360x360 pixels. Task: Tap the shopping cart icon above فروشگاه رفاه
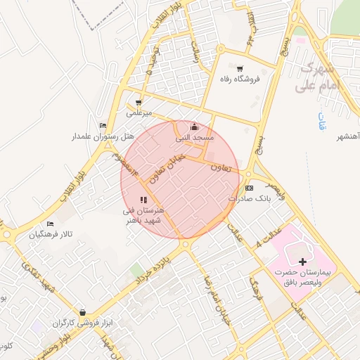[x=240, y=69]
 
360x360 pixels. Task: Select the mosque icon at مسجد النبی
[x=195, y=127]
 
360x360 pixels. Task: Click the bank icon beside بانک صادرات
[x=249, y=188]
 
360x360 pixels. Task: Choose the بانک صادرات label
[x=250, y=199]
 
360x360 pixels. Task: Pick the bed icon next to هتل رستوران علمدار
[x=103, y=125]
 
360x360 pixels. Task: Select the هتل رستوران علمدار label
[x=70, y=135]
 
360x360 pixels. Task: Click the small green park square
[x=136, y=270]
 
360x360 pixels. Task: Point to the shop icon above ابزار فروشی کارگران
[x=83, y=313]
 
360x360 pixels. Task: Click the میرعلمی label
[x=139, y=112]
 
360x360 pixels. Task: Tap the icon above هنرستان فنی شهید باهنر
[x=143, y=200]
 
